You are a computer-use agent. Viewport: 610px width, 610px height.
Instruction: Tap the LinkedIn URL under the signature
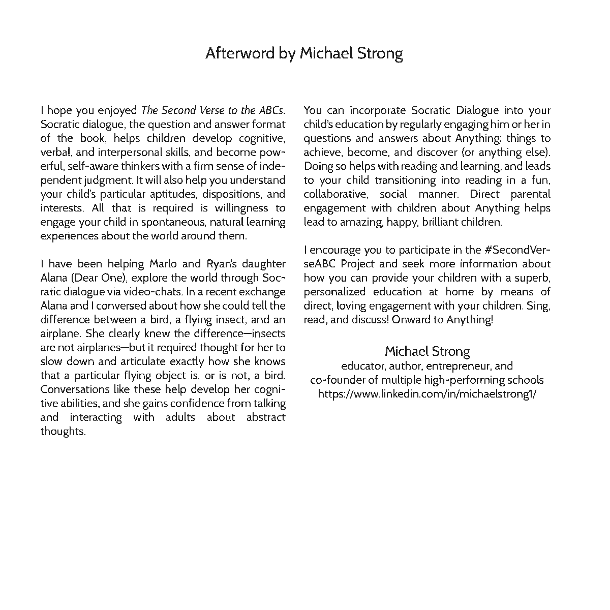point(427,394)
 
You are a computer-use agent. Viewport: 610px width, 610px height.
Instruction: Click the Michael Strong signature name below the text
point(427,351)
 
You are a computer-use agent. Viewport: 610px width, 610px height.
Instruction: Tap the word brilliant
point(443,222)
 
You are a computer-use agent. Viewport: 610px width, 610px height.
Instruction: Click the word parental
point(530,194)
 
